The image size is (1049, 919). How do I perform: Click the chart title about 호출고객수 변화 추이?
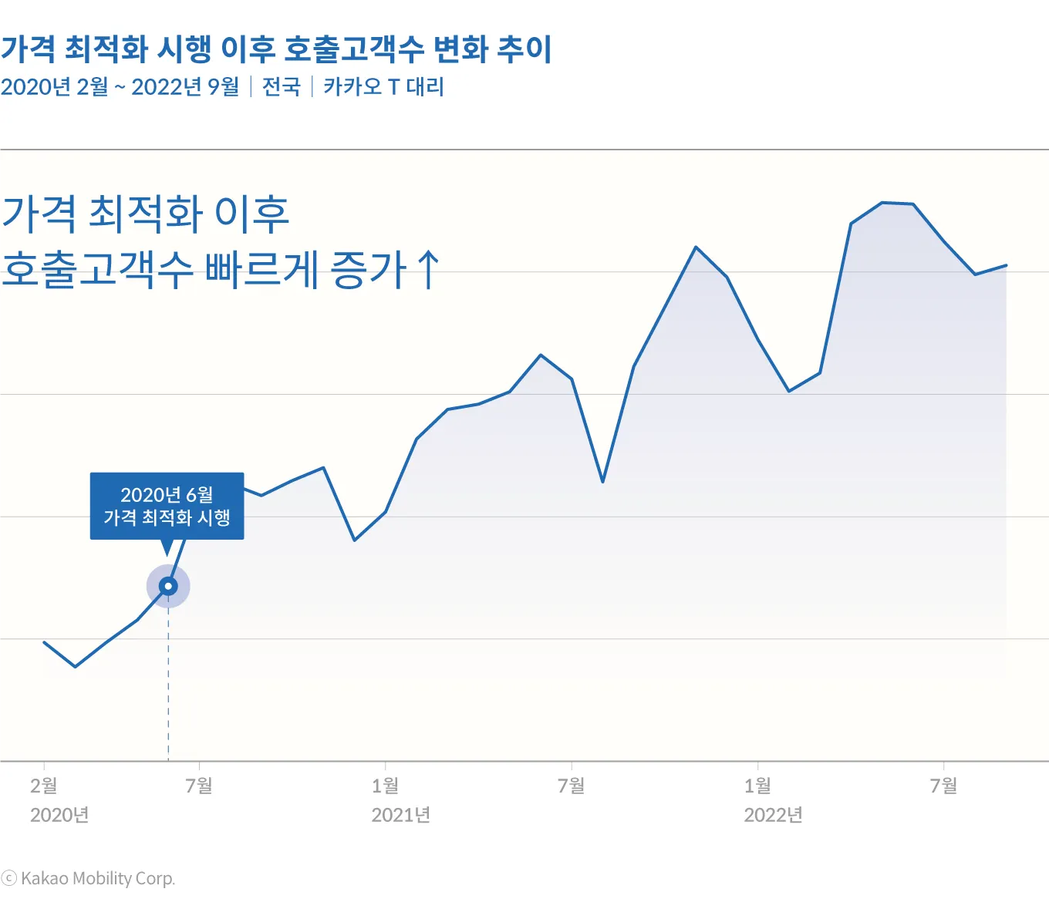pyautogui.click(x=276, y=49)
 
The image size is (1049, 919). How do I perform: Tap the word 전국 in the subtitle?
pyautogui.click(x=281, y=86)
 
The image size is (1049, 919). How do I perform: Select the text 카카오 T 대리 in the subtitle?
pyautogui.click(x=383, y=86)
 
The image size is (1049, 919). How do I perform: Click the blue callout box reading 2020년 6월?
pyautogui.click(x=167, y=506)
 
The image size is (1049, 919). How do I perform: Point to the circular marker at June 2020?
pyautogui.click(x=168, y=587)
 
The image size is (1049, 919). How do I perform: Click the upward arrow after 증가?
pyautogui.click(x=428, y=269)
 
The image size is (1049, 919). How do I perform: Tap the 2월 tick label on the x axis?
pyautogui.click(x=44, y=786)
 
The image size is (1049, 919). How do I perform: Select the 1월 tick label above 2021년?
pyautogui.click(x=386, y=786)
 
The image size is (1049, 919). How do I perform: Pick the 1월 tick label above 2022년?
pyautogui.click(x=758, y=786)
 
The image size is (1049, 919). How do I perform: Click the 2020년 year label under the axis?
pyautogui.click(x=59, y=815)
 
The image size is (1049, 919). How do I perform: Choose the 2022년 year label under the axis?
pyautogui.click(x=773, y=815)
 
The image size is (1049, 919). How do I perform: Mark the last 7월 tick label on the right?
pyautogui.click(x=944, y=786)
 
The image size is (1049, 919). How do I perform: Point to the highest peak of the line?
pyautogui.click(x=882, y=203)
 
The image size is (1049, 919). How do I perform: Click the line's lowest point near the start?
pyautogui.click(x=75, y=667)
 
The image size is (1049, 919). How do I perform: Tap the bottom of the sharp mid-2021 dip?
pyautogui.click(x=602, y=482)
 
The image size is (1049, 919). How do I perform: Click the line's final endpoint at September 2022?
pyautogui.click(x=1007, y=265)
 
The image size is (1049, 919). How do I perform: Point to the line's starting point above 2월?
pyautogui.click(x=44, y=641)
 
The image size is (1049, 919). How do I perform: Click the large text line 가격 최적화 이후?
pyautogui.click(x=145, y=214)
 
